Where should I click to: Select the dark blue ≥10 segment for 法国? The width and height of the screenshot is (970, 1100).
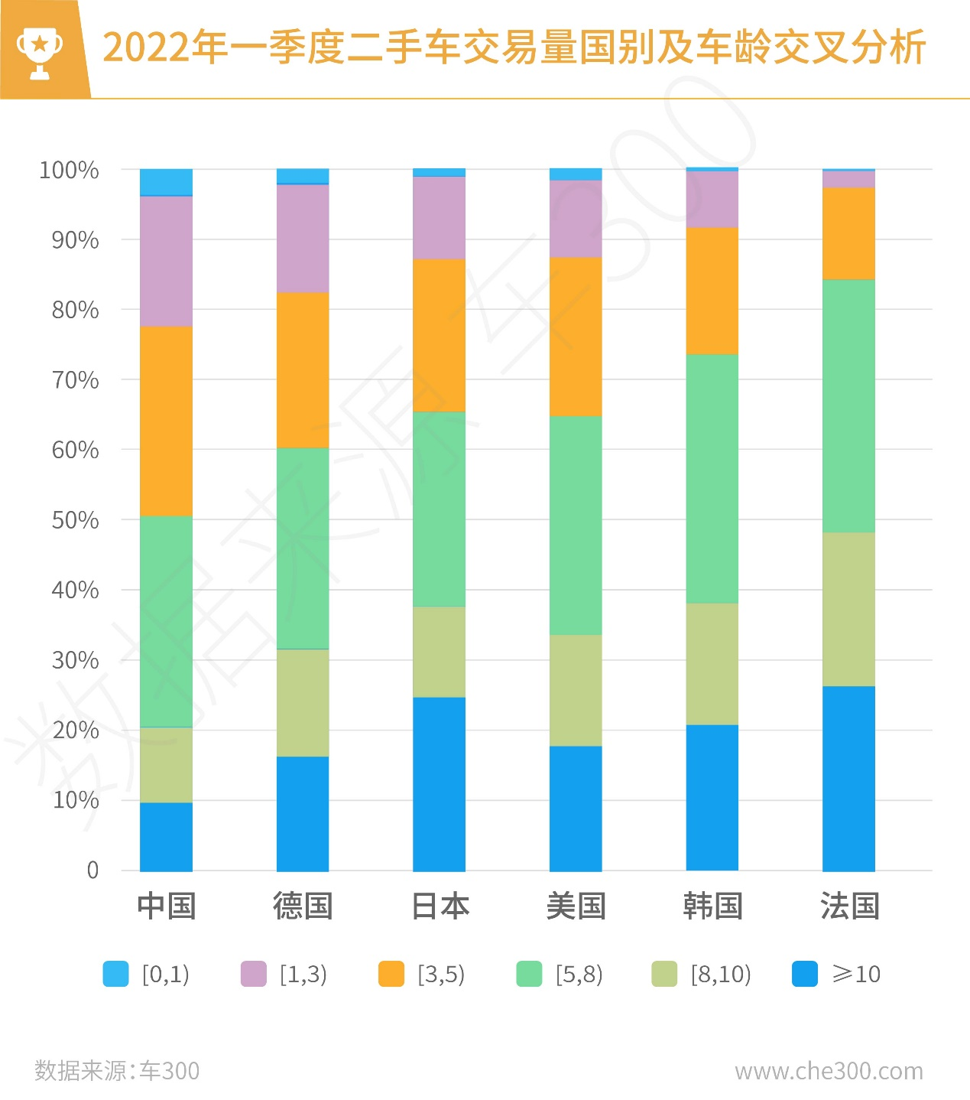click(848, 778)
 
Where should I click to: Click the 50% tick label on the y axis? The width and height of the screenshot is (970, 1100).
click(75, 520)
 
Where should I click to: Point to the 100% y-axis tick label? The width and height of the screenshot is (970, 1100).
click(69, 170)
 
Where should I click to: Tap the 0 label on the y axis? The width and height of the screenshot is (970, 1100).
click(92, 870)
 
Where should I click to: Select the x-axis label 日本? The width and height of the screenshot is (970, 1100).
click(440, 906)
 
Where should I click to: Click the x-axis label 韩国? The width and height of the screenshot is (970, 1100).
click(712, 906)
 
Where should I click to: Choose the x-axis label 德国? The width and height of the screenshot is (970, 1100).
click(303, 906)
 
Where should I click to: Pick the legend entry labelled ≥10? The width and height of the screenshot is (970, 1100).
click(836, 974)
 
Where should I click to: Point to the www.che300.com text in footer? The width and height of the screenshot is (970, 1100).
click(829, 1071)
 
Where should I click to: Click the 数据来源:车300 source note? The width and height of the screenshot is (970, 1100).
click(117, 1071)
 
